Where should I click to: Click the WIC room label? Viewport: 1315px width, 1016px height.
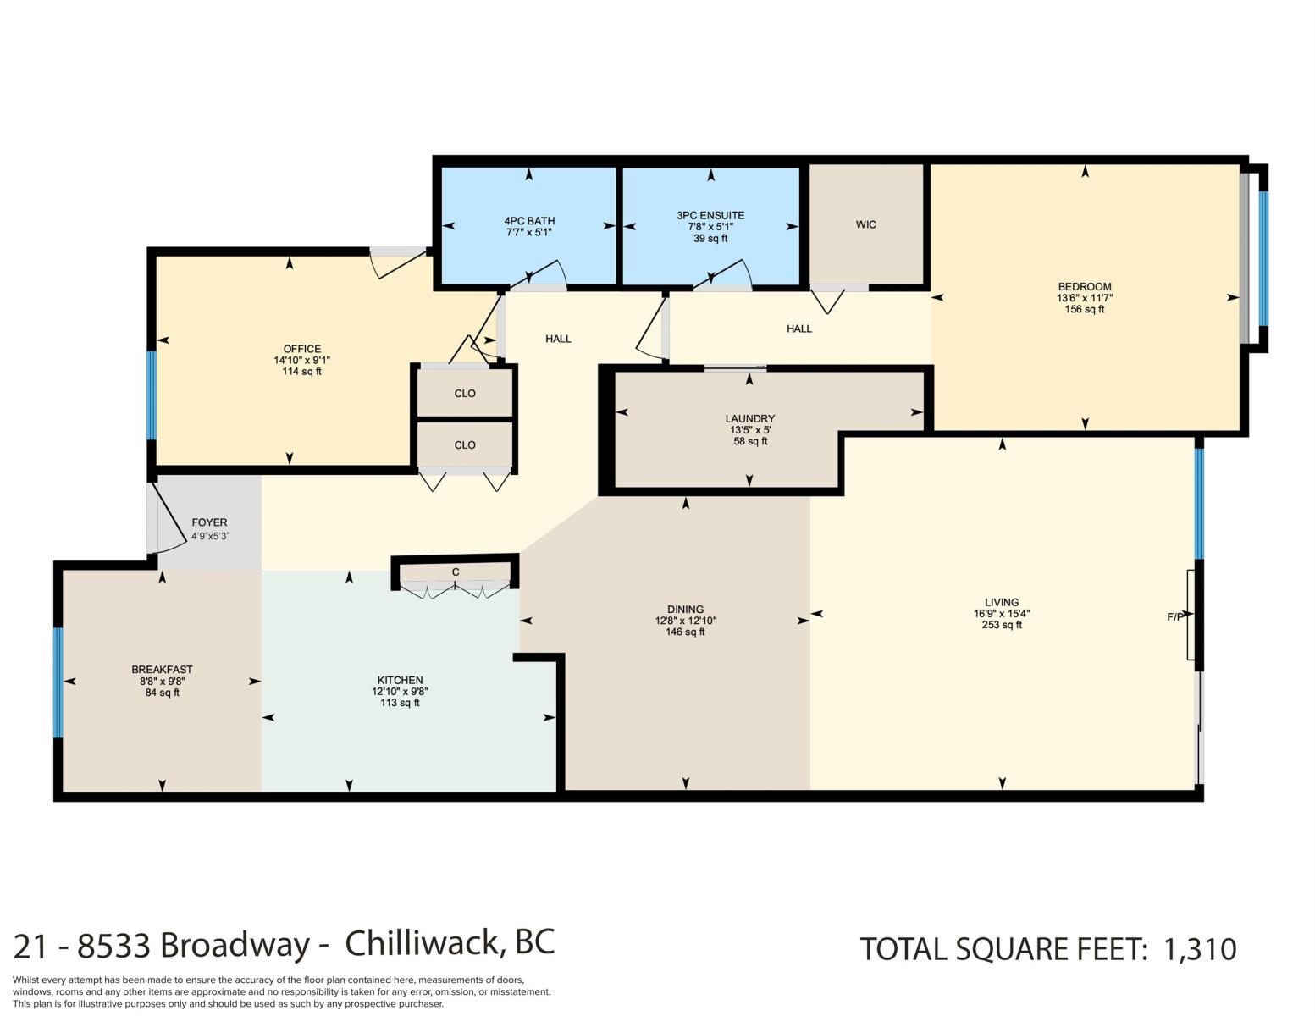point(865,224)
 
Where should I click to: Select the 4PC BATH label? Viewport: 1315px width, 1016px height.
point(529,221)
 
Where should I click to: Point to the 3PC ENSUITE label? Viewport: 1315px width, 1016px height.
point(710,215)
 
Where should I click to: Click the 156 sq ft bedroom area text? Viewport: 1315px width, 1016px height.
point(1085,309)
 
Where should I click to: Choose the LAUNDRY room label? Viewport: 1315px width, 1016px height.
point(749,419)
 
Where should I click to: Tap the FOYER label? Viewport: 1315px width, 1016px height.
point(209,522)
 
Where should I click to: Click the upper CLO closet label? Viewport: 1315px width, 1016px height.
point(465,394)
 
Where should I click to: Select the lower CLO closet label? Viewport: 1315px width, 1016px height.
point(465,444)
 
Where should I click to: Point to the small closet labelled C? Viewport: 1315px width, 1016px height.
point(455,571)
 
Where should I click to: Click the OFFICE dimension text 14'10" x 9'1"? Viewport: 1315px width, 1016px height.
point(302,360)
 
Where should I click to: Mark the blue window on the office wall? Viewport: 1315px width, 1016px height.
point(152,395)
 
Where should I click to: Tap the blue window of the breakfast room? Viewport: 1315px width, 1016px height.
point(58,682)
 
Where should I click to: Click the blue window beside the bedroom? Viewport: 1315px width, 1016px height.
point(1263,258)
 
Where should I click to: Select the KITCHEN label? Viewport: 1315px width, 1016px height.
point(400,680)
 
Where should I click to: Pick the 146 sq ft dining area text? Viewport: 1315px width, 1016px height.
point(685,632)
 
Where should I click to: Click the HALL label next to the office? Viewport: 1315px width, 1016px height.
point(558,339)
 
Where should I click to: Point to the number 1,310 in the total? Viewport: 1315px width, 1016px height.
point(1199,949)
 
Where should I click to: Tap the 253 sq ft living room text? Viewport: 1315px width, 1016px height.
point(1002,625)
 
